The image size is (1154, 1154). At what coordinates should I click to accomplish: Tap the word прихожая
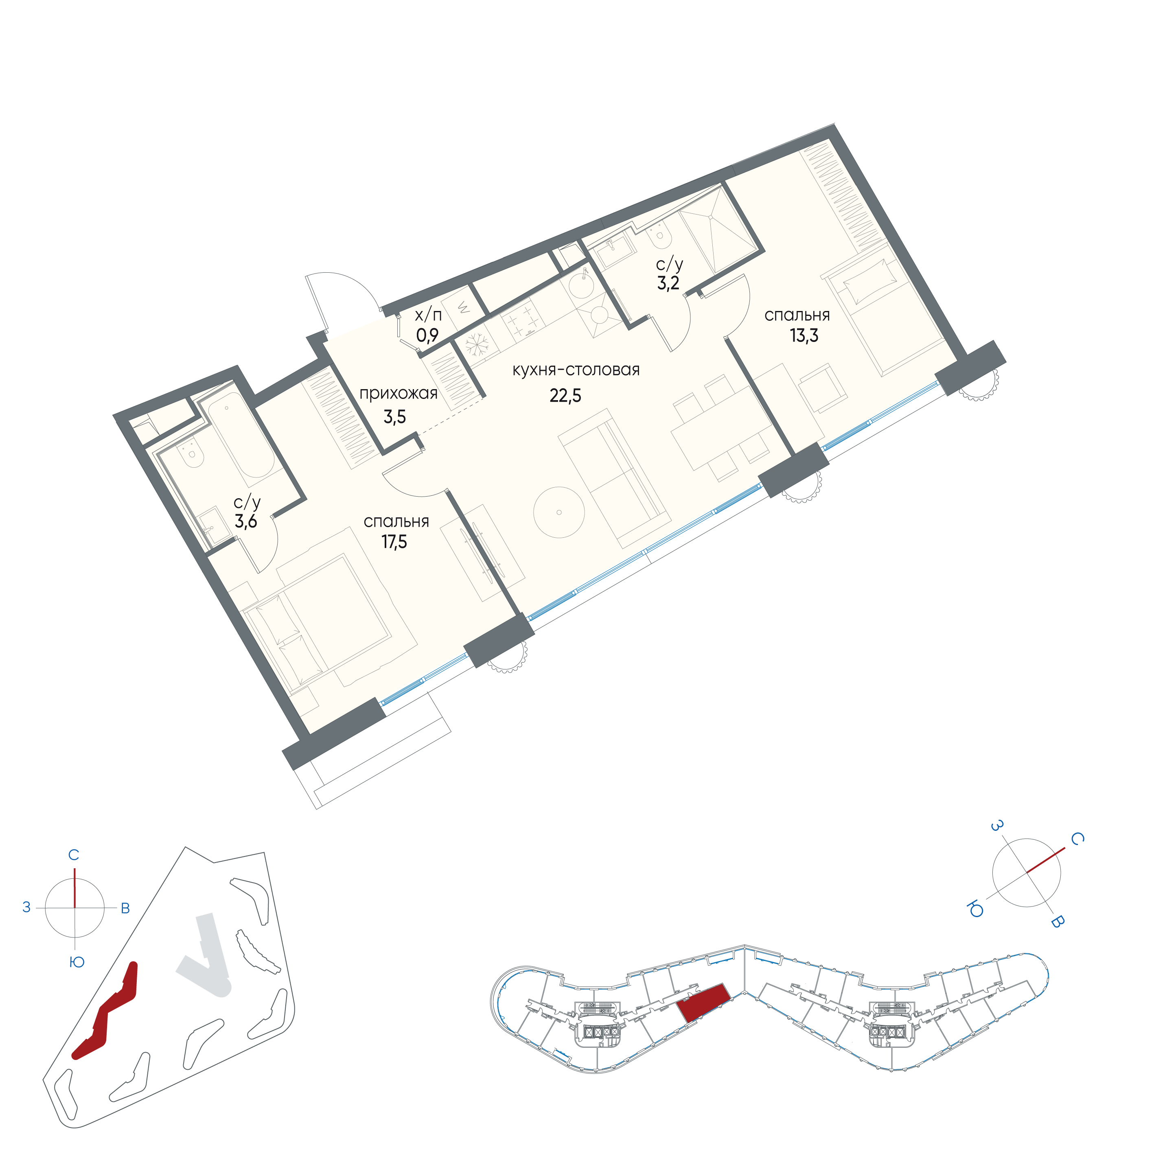click(399, 394)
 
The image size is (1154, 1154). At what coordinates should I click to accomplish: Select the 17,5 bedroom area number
click(394, 542)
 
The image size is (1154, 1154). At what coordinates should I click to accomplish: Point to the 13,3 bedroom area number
click(804, 336)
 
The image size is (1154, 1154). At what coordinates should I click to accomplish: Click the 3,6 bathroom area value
click(245, 521)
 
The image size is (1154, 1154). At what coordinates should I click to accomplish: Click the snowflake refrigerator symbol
click(477, 345)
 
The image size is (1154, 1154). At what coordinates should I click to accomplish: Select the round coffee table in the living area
click(559, 512)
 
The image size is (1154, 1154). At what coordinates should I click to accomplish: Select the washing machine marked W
click(464, 309)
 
